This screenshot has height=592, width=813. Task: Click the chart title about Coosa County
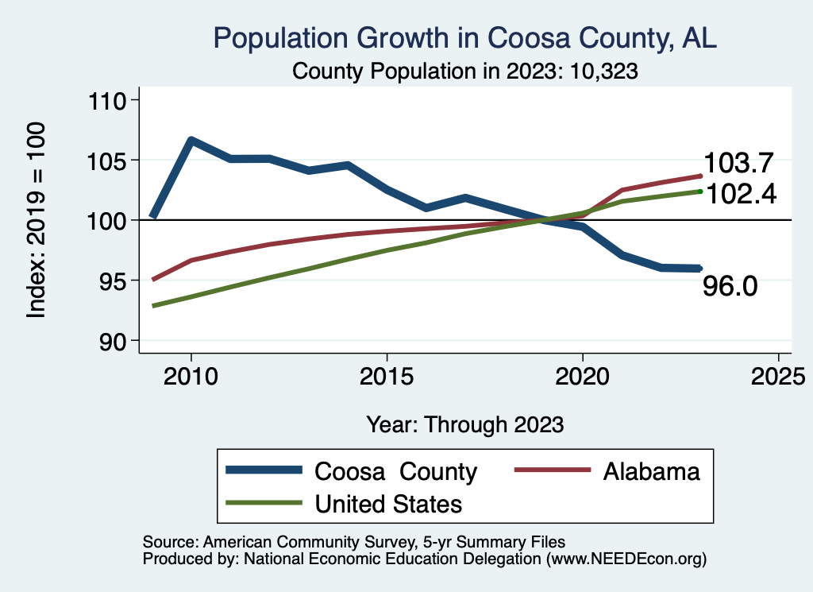point(465,38)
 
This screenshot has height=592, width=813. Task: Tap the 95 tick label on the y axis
point(116,281)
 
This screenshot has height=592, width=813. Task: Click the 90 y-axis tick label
point(116,341)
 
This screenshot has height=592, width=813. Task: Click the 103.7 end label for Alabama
point(739,163)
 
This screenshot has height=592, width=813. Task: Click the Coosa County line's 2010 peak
point(191,141)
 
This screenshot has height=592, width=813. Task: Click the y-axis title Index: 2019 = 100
point(36,220)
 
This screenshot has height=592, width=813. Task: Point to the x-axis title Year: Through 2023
point(465,424)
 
